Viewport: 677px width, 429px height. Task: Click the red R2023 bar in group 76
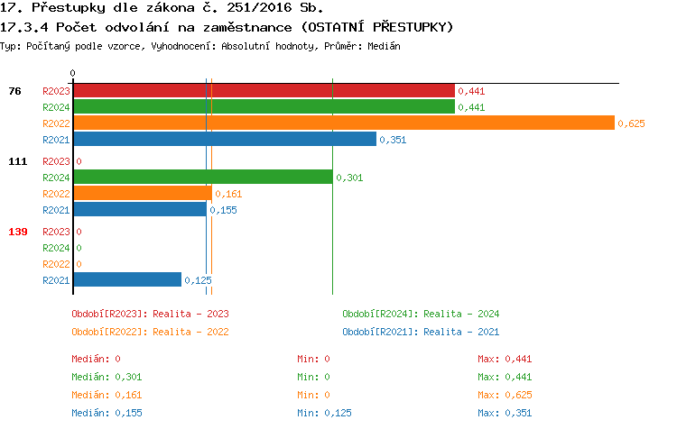click(264, 90)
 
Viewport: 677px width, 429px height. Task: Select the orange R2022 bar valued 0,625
click(343, 123)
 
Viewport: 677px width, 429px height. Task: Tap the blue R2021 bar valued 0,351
click(224, 139)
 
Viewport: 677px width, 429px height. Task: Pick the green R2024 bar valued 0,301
click(202, 177)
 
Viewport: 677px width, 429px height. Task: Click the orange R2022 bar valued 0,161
click(142, 193)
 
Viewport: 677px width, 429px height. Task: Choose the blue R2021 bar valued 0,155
click(139, 209)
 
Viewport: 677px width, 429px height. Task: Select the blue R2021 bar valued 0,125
click(126, 279)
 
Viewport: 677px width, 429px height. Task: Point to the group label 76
click(15, 90)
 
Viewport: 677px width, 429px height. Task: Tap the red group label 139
click(18, 232)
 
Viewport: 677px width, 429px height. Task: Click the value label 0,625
click(631, 123)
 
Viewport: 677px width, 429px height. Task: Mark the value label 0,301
click(349, 178)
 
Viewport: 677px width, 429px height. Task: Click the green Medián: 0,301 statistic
click(107, 376)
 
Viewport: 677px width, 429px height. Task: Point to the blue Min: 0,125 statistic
click(324, 412)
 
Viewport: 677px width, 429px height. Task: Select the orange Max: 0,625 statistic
click(505, 394)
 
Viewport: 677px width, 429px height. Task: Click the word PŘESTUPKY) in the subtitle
click(407, 27)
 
